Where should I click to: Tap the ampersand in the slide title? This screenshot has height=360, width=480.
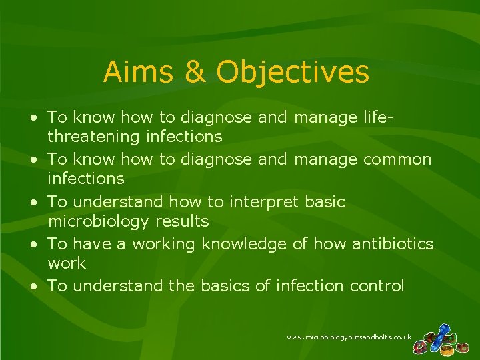[195, 73]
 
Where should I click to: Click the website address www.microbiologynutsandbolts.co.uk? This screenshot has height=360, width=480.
[349, 338]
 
